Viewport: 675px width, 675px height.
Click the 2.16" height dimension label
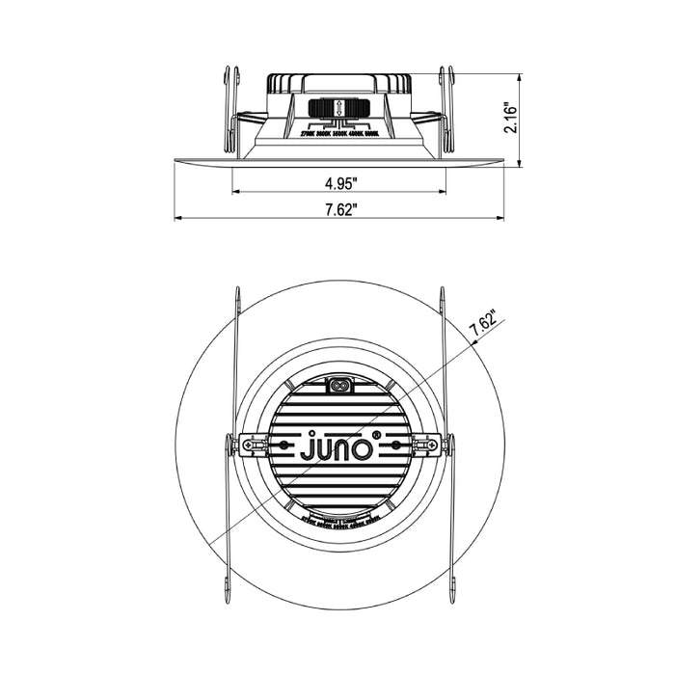coord(512,121)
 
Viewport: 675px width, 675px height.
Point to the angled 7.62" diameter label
coord(482,326)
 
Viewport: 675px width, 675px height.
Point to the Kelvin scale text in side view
coord(339,136)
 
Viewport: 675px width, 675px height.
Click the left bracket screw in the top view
coord(254,445)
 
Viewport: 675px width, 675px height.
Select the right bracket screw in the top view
coord(424,445)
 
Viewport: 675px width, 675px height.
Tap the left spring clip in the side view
coord(229,111)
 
